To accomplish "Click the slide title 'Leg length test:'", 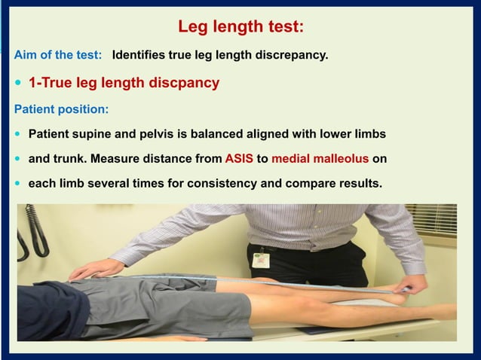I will pos(240,27).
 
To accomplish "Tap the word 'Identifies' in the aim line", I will pos(137,55).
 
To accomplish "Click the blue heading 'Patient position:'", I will pos(61,109).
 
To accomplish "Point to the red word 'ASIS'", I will pos(239,159).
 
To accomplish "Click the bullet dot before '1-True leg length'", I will pos(18,83).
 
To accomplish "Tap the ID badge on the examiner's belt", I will pos(261,258).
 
